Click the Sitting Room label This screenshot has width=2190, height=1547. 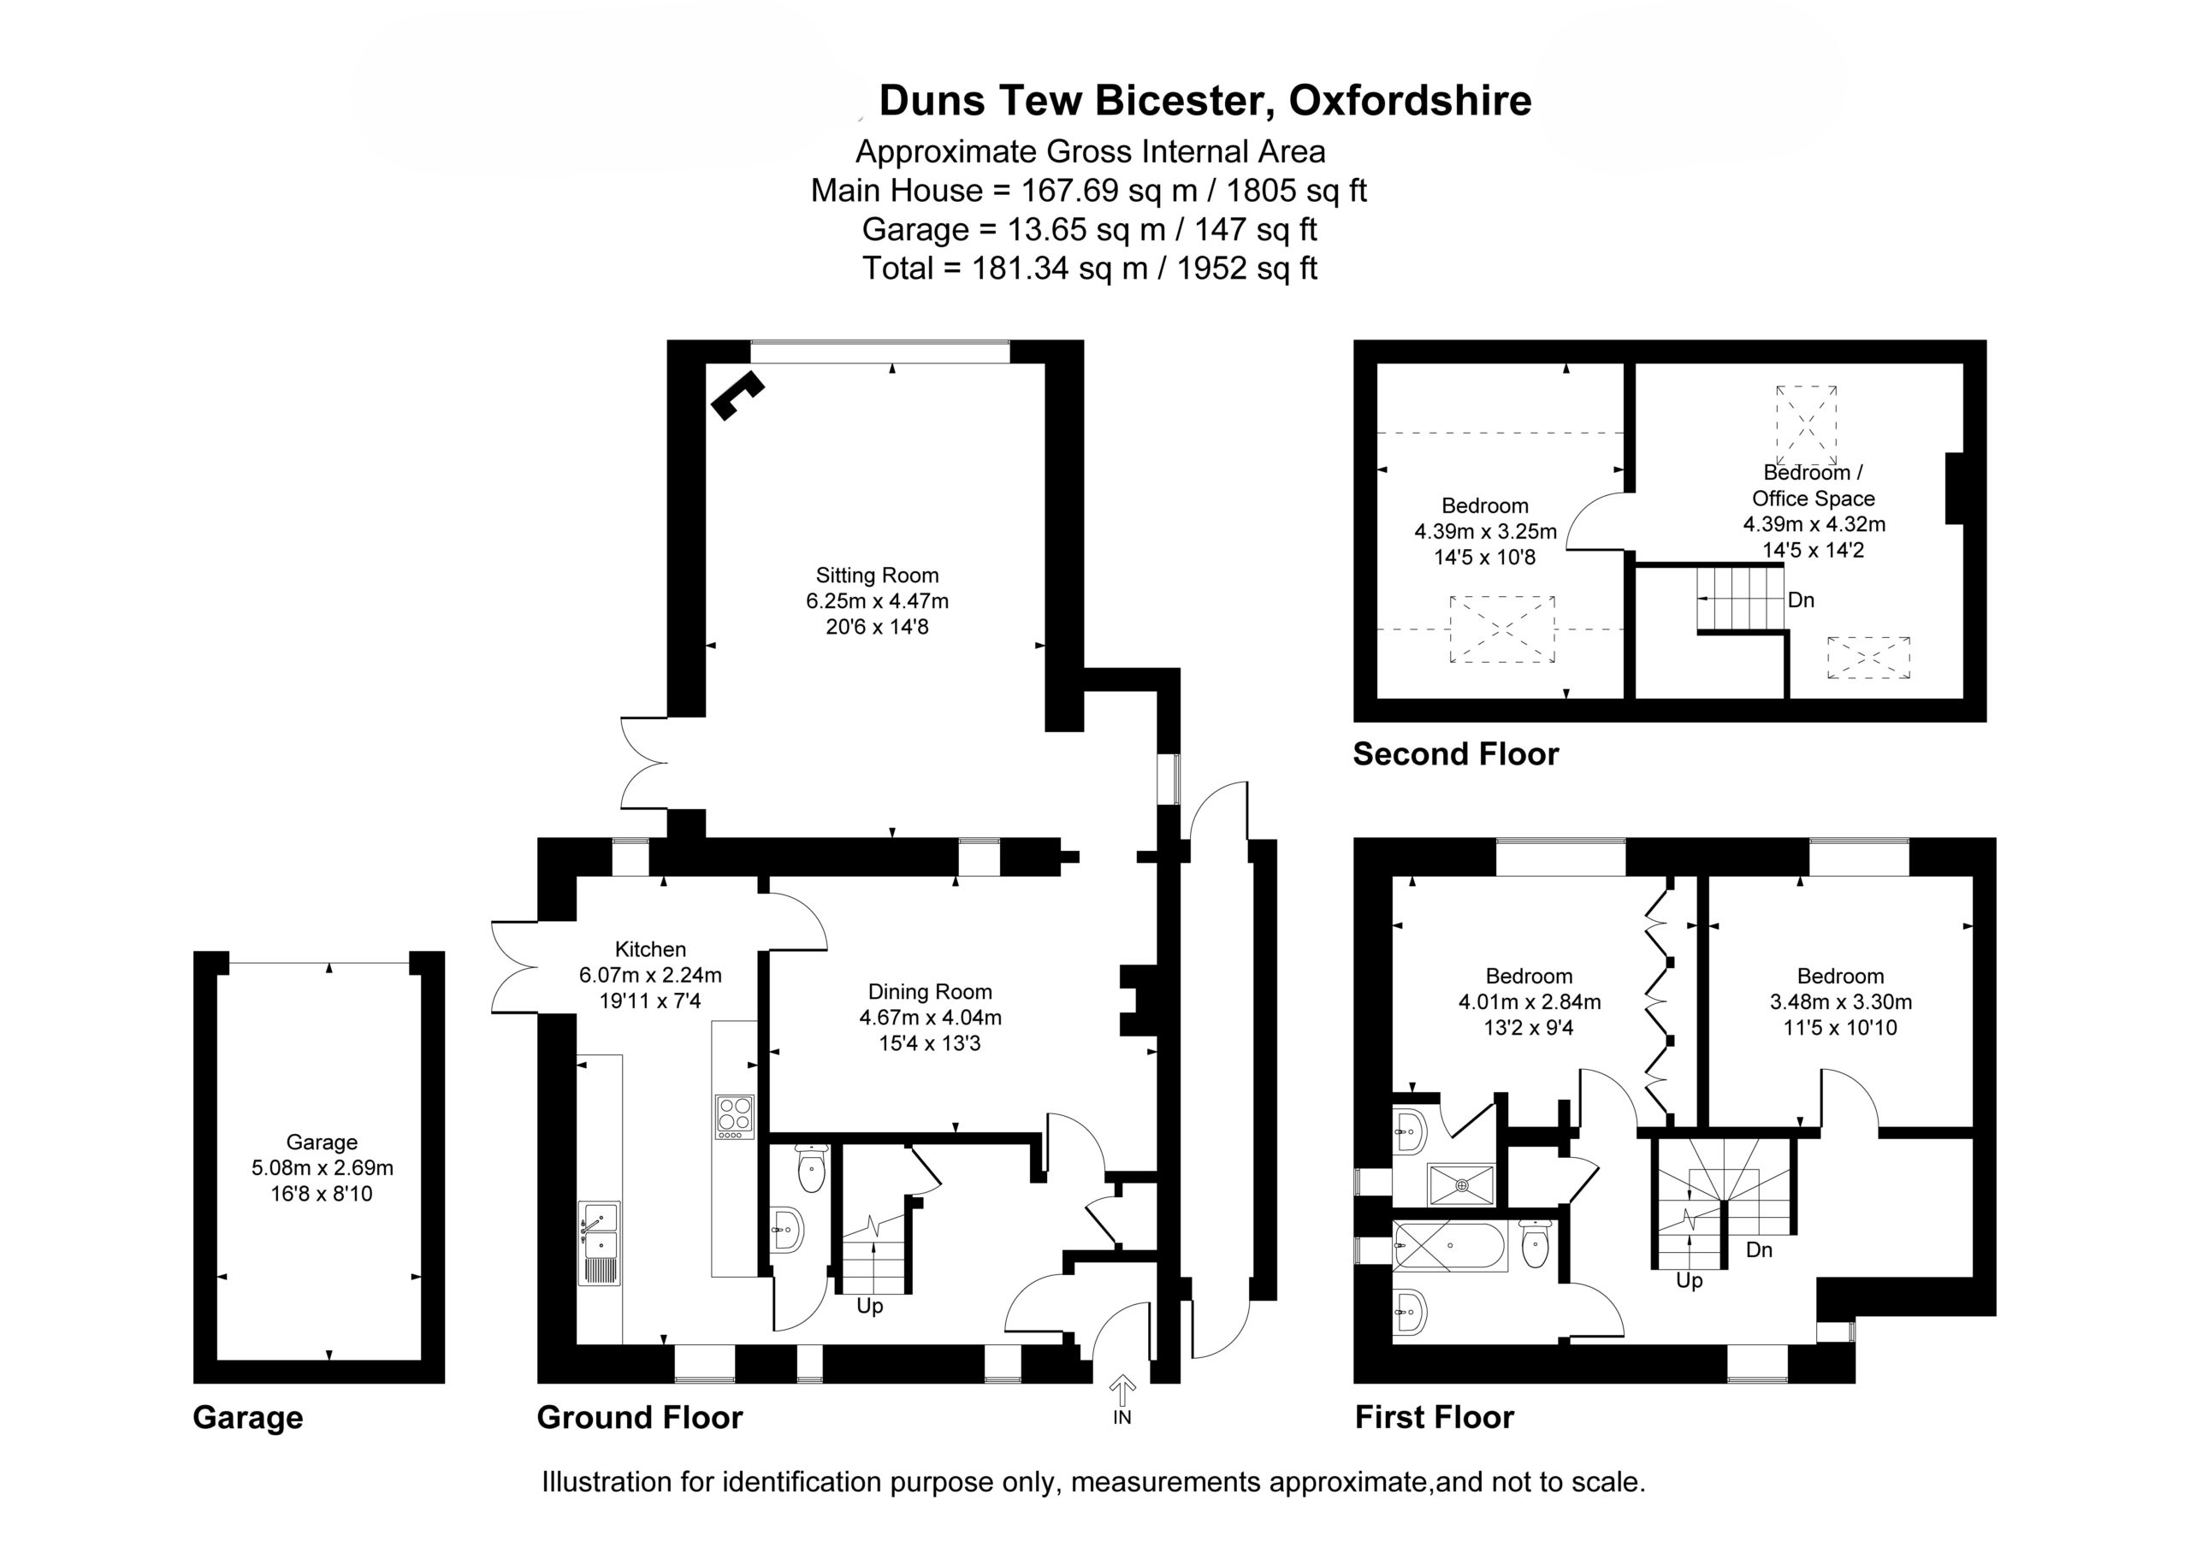click(x=877, y=576)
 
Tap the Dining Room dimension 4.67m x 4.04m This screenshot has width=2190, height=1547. click(x=930, y=1018)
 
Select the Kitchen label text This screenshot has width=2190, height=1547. click(x=650, y=949)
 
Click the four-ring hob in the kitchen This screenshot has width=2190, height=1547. click(x=735, y=1116)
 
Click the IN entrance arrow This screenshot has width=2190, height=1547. click(x=1122, y=1391)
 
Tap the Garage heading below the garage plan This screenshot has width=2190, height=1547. click(x=248, y=1417)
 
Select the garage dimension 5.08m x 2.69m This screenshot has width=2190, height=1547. click(x=323, y=1167)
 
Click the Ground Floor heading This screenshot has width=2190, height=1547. click(x=640, y=1417)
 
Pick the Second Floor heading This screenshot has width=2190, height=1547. click(x=1455, y=754)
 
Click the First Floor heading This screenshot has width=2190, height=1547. click(x=1435, y=1417)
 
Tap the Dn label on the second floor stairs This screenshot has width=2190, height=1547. click(x=1801, y=600)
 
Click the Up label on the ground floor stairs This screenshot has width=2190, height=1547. click(x=870, y=1306)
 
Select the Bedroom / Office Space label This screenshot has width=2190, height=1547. click(x=1814, y=486)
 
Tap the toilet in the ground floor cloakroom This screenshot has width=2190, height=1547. click(x=811, y=1168)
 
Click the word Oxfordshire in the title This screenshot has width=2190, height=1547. click(x=1411, y=101)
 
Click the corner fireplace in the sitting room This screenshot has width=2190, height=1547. click(x=737, y=395)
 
